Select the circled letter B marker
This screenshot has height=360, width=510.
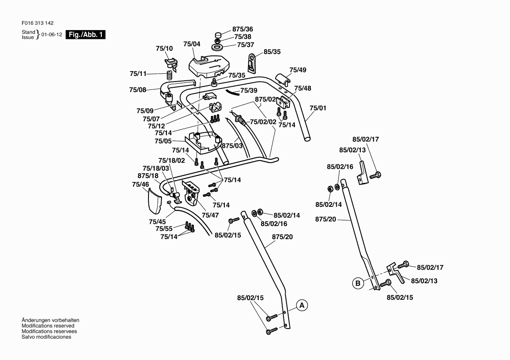pyautogui.click(x=358, y=283)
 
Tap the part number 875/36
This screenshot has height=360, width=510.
pyautogui.click(x=243, y=29)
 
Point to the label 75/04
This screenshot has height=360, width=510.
pyautogui.click(x=192, y=44)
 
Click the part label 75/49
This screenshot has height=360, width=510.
pyautogui.click(x=298, y=70)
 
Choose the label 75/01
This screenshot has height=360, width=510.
pyautogui.click(x=318, y=108)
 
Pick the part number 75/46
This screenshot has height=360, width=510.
pyautogui.click(x=141, y=185)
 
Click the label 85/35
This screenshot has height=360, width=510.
pyautogui.click(x=272, y=52)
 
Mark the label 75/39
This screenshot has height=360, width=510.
pyautogui.click(x=249, y=90)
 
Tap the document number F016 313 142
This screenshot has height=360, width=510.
pyautogui.click(x=37, y=24)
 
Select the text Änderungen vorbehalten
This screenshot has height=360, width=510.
pyautogui.click(x=50, y=320)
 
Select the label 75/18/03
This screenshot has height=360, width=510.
pyautogui.click(x=155, y=168)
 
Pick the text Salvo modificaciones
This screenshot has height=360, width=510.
pyautogui.click(x=46, y=337)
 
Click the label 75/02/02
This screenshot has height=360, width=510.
pyautogui.click(x=263, y=122)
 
